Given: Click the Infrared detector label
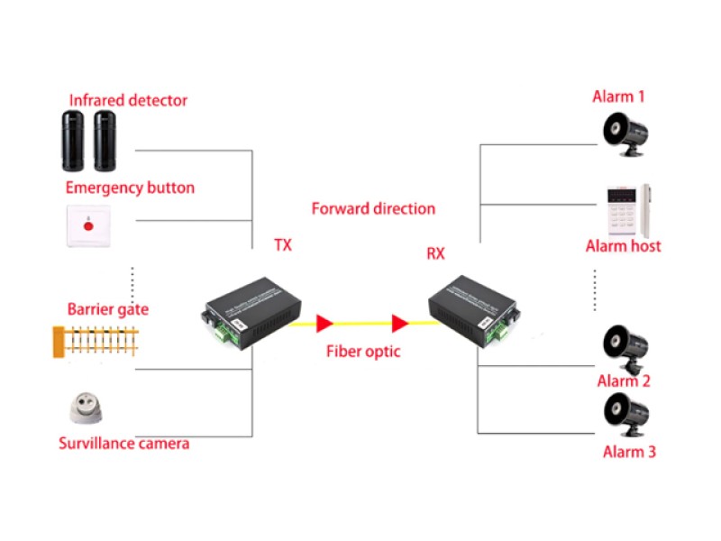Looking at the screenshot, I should click(129, 100).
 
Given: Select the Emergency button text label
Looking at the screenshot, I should click(130, 188).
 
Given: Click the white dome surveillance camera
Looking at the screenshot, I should click(87, 409).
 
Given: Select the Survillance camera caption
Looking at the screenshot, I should click(124, 444).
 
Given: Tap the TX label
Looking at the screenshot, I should click(283, 244).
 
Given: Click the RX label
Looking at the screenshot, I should click(435, 253).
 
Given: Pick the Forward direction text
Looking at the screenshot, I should click(373, 208).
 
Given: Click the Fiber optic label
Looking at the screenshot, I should click(363, 351).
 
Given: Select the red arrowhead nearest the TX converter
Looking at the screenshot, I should click(324, 322).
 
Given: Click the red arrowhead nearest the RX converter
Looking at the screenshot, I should click(399, 322).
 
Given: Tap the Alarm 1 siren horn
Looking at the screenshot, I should click(624, 133).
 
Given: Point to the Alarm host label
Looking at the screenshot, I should click(623, 245).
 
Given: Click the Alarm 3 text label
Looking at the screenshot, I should click(629, 452).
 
